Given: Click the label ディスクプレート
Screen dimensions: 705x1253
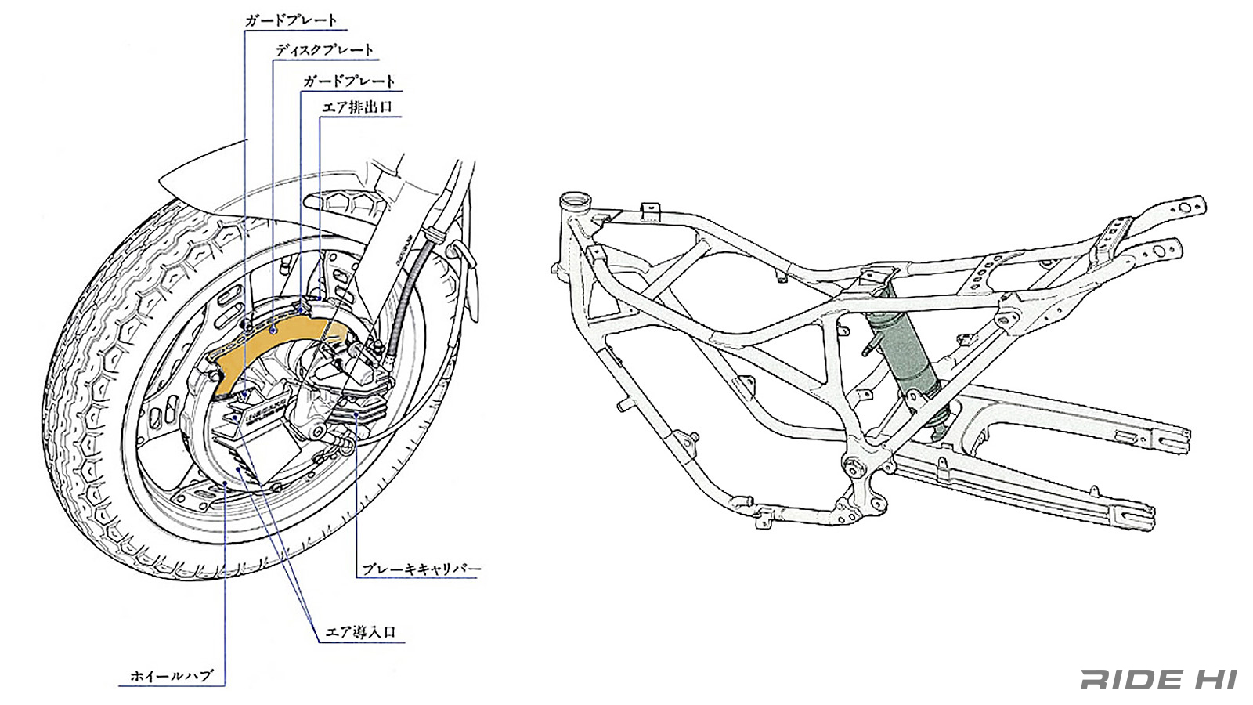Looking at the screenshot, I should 324,50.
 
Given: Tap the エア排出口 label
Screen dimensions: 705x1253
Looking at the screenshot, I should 357,107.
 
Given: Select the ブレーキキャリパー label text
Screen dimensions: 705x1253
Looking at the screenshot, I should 421,569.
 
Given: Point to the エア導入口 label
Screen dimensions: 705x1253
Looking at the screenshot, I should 360,632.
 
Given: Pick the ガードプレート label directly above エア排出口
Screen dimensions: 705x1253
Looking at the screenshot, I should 349,81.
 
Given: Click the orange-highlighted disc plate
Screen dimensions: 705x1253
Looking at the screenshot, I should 274,337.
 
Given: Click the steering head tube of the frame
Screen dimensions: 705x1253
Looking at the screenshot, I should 577,205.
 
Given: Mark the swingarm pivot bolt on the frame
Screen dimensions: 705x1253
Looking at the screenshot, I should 850,468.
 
